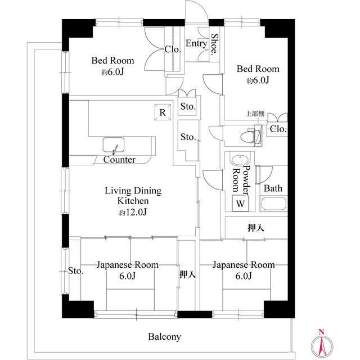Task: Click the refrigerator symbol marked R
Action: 163,112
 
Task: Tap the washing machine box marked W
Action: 240,203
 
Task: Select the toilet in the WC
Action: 251,137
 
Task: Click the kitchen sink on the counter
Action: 114,145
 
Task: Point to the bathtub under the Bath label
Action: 274,204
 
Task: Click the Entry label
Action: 196,43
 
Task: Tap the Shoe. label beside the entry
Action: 215,44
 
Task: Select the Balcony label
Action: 164,336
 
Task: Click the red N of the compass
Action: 321,331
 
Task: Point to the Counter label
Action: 119,160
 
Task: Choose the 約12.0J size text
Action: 133,212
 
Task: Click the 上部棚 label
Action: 255,114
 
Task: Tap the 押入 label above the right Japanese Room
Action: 256,228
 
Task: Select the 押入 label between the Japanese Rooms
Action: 187,274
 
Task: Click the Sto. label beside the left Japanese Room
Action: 75,271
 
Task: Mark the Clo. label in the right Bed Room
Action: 278,129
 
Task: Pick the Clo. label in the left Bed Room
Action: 173,49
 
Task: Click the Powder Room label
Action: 241,178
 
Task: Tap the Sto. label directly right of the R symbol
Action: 188,106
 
